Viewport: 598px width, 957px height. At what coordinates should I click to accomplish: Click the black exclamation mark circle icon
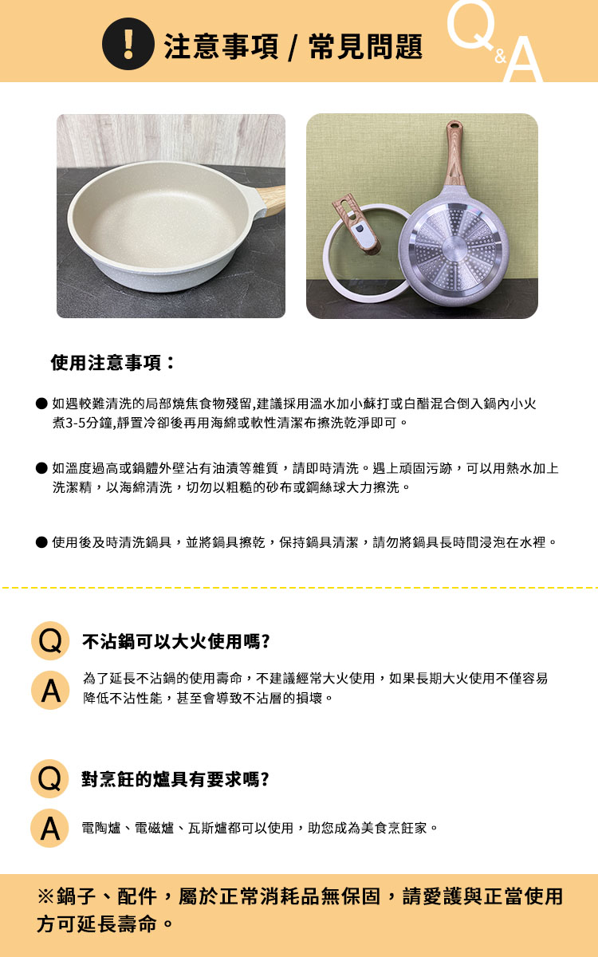point(128,44)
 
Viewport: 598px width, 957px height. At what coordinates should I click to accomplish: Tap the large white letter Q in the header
point(471,25)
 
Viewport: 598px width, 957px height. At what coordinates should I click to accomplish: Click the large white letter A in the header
point(523,60)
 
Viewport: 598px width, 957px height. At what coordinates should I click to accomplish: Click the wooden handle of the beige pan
point(272,200)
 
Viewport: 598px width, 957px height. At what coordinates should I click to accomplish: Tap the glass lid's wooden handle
point(356,224)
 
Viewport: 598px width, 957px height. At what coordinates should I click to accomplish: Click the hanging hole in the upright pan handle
point(454,127)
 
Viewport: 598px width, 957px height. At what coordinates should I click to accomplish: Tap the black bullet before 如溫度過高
point(41,468)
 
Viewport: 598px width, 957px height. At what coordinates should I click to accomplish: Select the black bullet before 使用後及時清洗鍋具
point(41,542)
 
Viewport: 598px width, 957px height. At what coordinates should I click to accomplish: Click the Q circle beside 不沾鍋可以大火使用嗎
point(50,641)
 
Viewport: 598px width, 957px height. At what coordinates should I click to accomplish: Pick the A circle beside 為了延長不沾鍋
point(50,690)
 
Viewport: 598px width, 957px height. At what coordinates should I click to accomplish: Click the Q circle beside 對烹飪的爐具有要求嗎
point(49,779)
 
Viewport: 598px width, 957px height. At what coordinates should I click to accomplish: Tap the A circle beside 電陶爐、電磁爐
point(49,828)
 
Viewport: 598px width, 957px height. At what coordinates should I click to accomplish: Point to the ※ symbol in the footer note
point(45,896)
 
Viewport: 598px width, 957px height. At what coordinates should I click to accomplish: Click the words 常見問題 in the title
point(366,46)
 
